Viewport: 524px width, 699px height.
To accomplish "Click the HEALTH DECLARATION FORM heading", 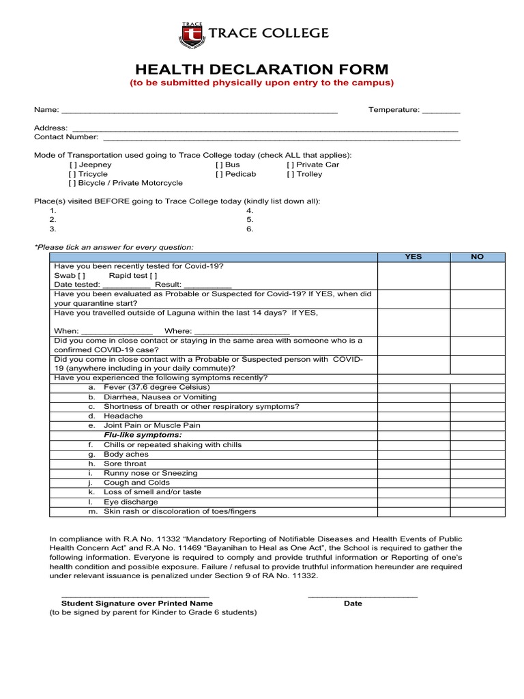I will tap(262, 70).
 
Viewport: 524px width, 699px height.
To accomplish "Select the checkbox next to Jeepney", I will tap(73, 165).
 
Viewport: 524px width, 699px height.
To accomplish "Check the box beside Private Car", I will tap(291, 165).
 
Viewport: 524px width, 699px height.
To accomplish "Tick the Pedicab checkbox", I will tap(219, 175).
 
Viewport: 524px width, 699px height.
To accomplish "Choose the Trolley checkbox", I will tap(291, 175).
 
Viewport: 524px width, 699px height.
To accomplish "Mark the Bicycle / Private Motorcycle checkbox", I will tap(73, 184).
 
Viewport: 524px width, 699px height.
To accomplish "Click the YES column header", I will tap(413, 257).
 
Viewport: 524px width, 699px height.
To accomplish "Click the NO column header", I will tap(477, 257).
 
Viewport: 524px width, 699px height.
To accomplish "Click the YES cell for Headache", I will tap(413, 416).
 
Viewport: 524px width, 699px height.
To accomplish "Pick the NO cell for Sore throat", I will tap(477, 464).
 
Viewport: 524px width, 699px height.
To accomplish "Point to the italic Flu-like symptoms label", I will tap(143, 436).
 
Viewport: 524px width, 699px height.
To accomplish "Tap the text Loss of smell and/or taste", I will tap(152, 492).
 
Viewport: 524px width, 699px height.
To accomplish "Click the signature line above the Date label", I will tap(362, 597).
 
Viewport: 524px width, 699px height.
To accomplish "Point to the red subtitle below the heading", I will tap(262, 83).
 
